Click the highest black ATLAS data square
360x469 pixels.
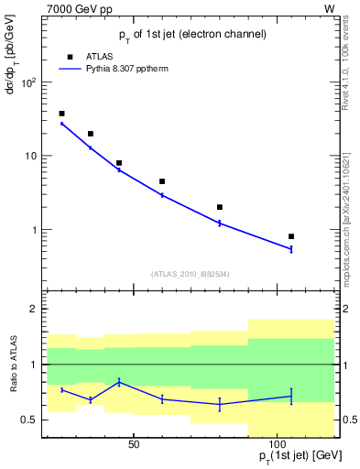point(61,114)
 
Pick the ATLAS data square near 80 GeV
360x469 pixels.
point(220,207)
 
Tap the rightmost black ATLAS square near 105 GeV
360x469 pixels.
point(291,236)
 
